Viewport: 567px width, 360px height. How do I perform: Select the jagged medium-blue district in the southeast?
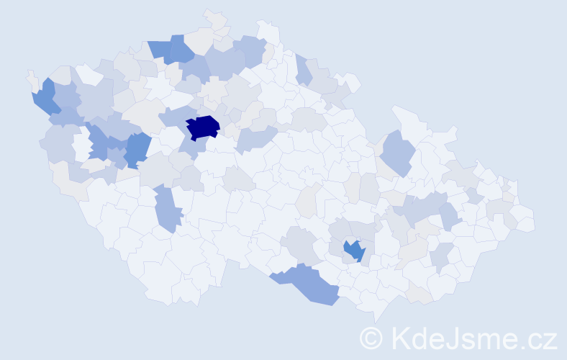pos(354,251)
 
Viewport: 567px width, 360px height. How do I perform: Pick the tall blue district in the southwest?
pos(166,208)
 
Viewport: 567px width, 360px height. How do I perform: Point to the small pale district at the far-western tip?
pos(31,78)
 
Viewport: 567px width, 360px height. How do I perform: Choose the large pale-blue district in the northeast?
pos(396,152)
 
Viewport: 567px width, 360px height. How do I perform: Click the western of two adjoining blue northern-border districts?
pos(160,49)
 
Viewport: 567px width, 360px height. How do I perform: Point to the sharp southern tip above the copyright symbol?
pos(376,317)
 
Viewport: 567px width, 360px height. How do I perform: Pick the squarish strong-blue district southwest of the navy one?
pos(137,149)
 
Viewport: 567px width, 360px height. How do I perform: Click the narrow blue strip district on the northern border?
pos(303,70)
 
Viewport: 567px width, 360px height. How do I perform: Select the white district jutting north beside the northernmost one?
pos(268,30)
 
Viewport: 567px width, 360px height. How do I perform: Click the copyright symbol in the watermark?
pos(371,338)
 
